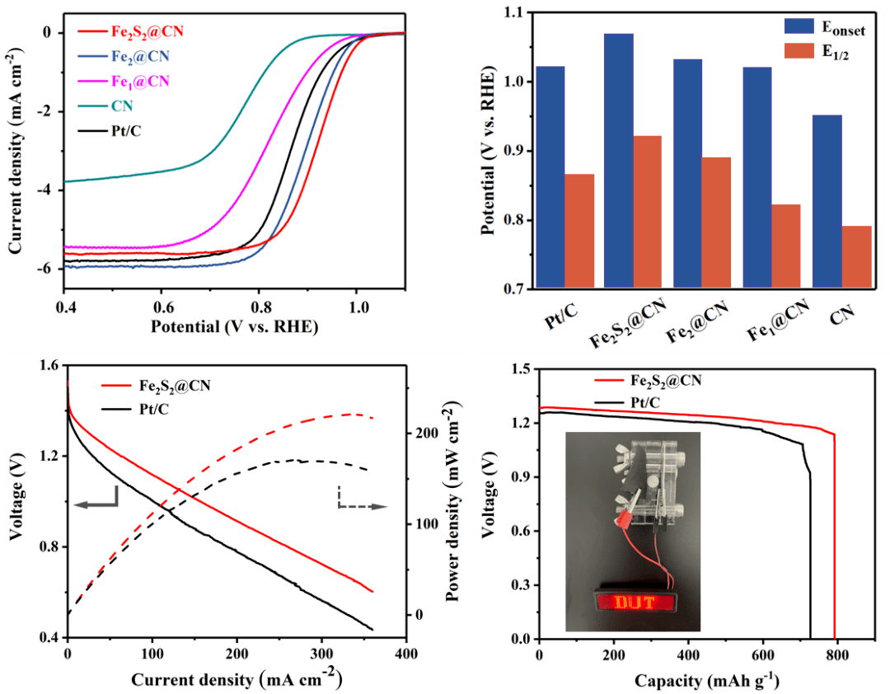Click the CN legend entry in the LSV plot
[122, 106]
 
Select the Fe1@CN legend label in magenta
[139, 81]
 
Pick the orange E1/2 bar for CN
[856, 257]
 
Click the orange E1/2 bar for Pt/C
[579, 231]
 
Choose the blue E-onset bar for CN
[827, 202]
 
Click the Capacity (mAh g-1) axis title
[707, 681]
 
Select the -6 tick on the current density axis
[47, 269]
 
